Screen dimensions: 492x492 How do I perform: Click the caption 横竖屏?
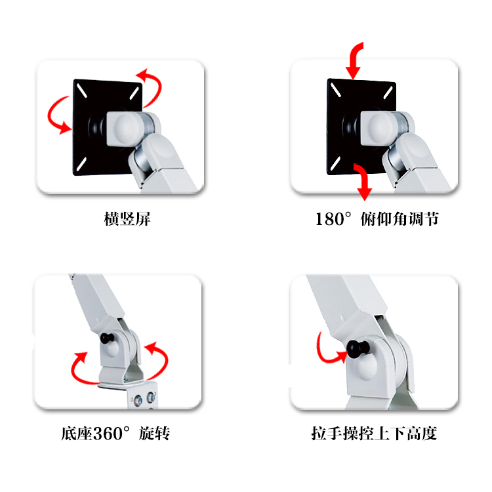(x=127, y=218)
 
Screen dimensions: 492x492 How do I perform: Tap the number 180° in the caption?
(x=333, y=218)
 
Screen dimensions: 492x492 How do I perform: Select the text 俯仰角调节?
(x=399, y=218)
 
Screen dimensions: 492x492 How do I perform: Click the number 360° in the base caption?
(x=112, y=434)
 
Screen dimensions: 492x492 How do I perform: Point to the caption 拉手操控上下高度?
(x=374, y=434)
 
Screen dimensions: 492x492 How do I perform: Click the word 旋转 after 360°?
(x=154, y=434)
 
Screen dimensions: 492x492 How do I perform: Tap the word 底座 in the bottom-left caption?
(x=77, y=434)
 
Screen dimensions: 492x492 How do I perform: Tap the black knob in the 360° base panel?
(x=107, y=338)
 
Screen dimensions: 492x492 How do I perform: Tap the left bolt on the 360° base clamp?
(x=138, y=400)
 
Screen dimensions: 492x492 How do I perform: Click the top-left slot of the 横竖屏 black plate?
(x=82, y=91)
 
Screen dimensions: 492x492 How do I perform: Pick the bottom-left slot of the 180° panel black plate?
(x=335, y=163)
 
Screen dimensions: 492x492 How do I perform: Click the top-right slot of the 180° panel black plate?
(x=388, y=92)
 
